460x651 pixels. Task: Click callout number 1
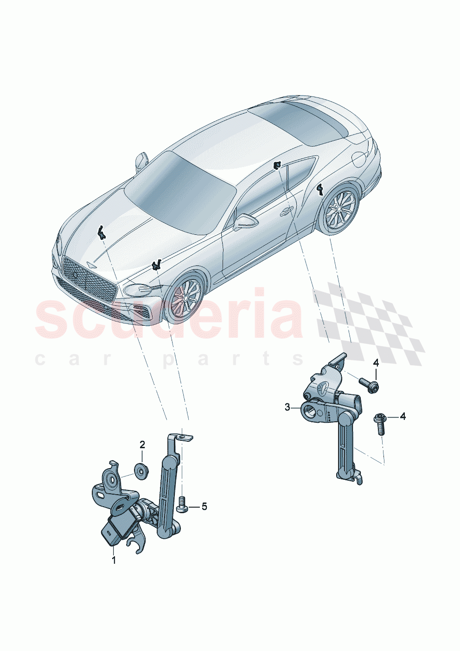point(114,560)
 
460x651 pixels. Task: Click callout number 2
point(142,445)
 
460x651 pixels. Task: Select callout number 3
point(287,407)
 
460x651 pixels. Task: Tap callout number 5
point(204,506)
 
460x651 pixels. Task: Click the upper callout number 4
point(376,362)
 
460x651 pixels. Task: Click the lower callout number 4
point(402,416)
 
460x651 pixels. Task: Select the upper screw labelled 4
point(369,384)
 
